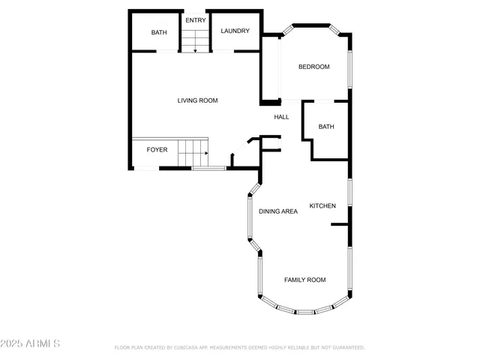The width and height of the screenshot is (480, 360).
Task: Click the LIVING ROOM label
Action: [x=197, y=100]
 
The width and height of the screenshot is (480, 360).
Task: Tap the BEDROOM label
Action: [x=313, y=67]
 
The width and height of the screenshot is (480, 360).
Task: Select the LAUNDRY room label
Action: [x=235, y=31]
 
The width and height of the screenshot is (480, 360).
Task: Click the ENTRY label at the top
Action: [x=196, y=20]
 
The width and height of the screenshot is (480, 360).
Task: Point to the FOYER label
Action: [x=157, y=150]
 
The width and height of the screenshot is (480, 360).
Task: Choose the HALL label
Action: [x=281, y=117]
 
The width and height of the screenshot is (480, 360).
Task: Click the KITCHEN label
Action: [x=322, y=206]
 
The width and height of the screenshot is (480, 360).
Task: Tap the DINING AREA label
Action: [x=278, y=211]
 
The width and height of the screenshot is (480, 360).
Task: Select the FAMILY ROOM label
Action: [x=304, y=280]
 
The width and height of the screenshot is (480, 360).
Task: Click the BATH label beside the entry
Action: [x=159, y=32]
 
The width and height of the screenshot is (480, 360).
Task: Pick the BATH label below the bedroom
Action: [x=326, y=127]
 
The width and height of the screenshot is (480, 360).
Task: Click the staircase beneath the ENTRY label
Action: [x=194, y=40]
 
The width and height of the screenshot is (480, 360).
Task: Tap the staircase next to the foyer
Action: [x=193, y=152]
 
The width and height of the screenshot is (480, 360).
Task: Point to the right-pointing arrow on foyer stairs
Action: [x=204, y=152]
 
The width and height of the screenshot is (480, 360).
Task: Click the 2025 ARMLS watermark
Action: [x=31, y=343]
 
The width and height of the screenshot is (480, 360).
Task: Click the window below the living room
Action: [x=208, y=168]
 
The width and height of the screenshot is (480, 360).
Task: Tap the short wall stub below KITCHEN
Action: [x=340, y=223]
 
